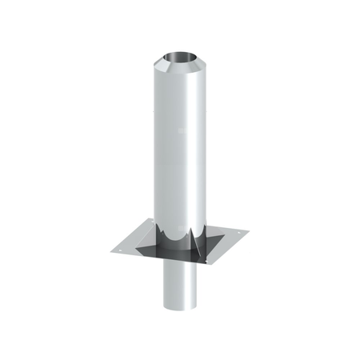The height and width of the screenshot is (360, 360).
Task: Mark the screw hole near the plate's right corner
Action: pyautogui.click(x=238, y=233)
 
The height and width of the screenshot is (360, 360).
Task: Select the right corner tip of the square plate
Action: pyautogui.click(x=249, y=232)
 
